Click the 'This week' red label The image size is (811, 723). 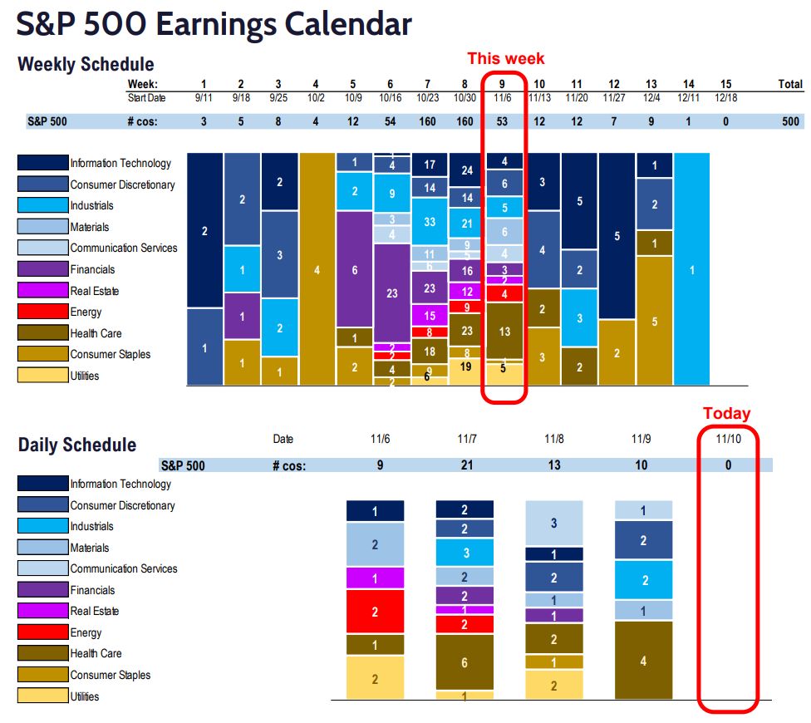[x=505, y=58]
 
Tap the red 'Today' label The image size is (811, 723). [x=726, y=413]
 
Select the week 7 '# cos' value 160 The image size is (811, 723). [x=429, y=121]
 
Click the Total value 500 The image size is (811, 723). [x=790, y=121]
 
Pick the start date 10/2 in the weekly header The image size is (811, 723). [x=315, y=98]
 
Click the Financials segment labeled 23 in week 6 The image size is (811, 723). [x=392, y=293]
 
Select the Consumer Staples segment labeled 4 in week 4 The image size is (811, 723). [x=316, y=269]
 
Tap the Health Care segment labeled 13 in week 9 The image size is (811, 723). [x=504, y=331]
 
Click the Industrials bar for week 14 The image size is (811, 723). [x=691, y=269]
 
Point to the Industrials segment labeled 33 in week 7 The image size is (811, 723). [x=430, y=222]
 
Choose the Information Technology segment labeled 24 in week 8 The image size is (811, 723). [x=467, y=170]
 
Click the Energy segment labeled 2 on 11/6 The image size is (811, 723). [x=375, y=612]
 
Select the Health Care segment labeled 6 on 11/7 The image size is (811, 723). [x=464, y=662]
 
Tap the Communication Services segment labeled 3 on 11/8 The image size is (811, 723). [x=554, y=524]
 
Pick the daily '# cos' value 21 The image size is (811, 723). [x=465, y=465]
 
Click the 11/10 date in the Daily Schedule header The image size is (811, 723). [x=728, y=438]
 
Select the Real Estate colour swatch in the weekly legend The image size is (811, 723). [x=42, y=291]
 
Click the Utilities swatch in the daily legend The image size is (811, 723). [x=42, y=696]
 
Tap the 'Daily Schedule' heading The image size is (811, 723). [x=77, y=445]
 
